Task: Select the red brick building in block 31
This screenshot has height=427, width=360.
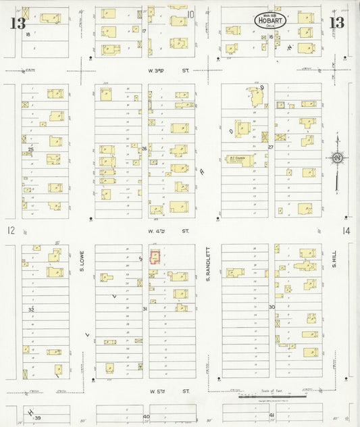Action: click(x=155, y=257)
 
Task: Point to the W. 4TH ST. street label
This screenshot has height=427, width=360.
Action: click(x=158, y=231)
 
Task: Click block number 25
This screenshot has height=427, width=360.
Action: click(x=30, y=149)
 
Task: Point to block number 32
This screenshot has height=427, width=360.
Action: click(x=31, y=309)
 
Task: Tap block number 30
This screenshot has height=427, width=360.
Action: click(x=271, y=307)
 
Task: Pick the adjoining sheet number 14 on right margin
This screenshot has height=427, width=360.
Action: click(x=346, y=231)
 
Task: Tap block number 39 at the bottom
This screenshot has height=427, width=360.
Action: click(x=38, y=418)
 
